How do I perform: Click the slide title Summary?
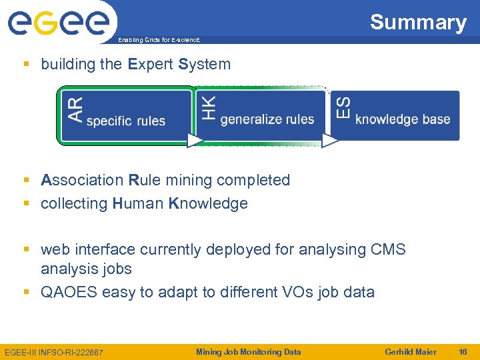[418, 22]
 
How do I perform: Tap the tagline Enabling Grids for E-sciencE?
[158, 40]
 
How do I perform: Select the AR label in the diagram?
[76, 109]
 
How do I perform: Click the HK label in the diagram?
[209, 108]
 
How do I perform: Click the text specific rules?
[126, 121]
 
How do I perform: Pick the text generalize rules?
[267, 119]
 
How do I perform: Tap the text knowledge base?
[403, 119]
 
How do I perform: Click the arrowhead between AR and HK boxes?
[195, 140]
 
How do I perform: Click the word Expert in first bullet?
[151, 65]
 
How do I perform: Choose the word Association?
[82, 180]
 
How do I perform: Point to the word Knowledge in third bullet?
[208, 203]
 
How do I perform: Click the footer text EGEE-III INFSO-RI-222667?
[54, 352]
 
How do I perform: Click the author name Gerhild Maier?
[411, 352]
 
